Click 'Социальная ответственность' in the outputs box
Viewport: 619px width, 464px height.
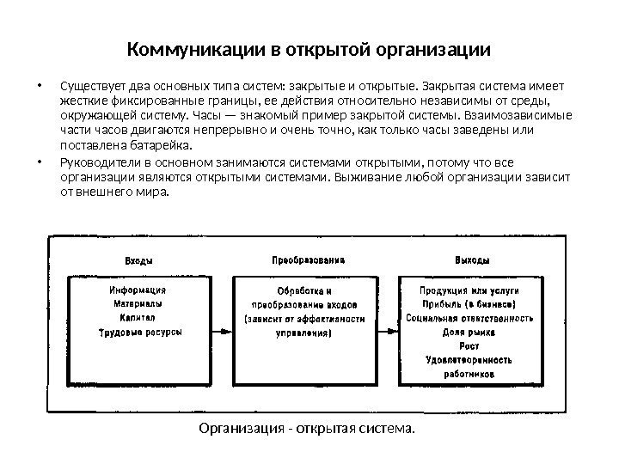469,318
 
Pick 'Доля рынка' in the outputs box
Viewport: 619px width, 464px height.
469,332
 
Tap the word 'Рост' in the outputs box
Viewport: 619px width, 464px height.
469,345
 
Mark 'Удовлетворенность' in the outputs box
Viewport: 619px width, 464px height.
469,360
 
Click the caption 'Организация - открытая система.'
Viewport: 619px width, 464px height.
306,427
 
